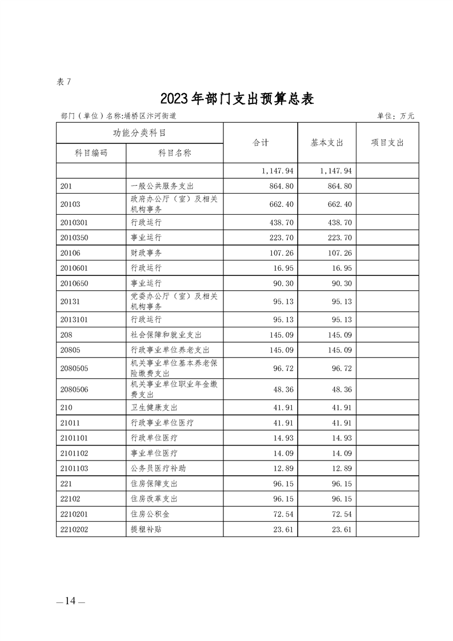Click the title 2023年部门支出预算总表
coord(237,98)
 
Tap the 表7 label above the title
coord(63,82)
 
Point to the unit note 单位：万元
coord(395,116)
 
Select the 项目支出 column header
coord(387,143)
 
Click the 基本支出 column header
coord(327,143)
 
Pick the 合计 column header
coord(260,143)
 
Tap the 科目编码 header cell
coord(91,153)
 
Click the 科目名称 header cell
coord(174,153)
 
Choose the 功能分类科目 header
coord(139,133)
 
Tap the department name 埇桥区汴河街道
coord(153,116)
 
